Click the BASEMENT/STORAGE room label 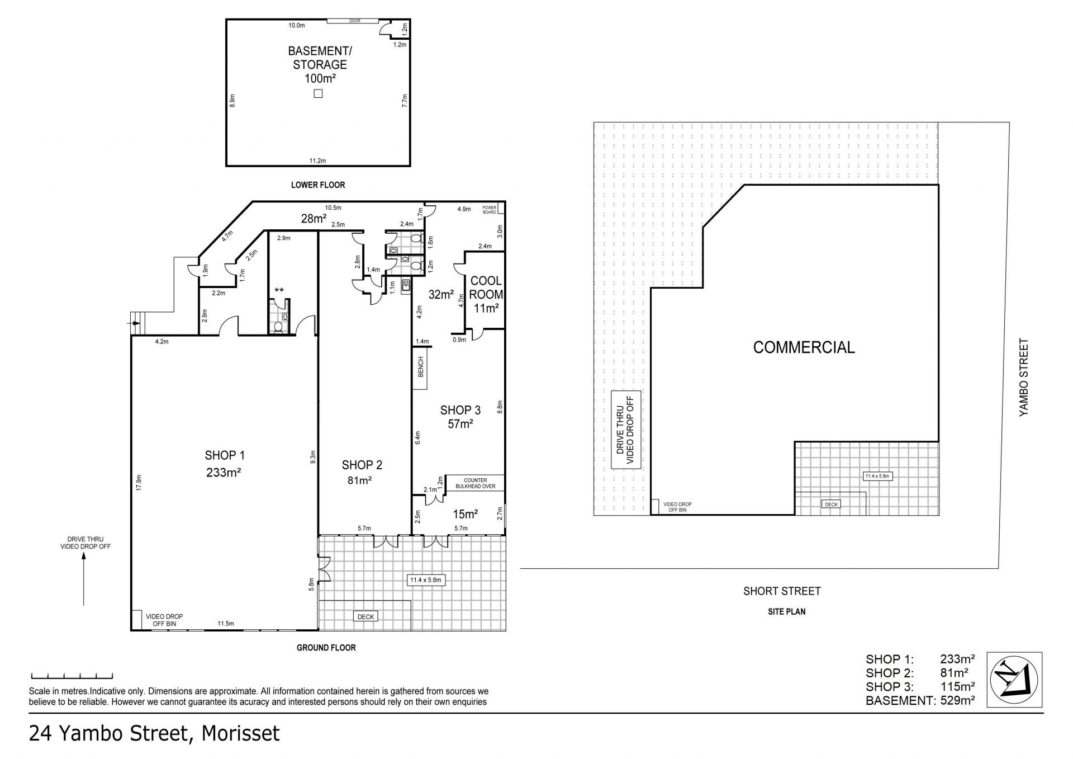[320, 58]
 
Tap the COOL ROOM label [486, 287]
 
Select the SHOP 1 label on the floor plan [225, 455]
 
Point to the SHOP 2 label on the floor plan [362, 465]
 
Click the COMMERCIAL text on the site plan [804, 347]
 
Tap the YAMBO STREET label [1024, 377]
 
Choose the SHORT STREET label [782, 591]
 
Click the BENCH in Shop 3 [420, 369]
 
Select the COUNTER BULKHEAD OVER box [475, 483]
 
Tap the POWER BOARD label [490, 210]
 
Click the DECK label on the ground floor [365, 616]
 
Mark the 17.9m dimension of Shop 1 [139, 483]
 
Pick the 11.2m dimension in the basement [317, 161]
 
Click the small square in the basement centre [318, 93]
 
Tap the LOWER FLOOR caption [318, 185]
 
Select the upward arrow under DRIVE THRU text [84, 579]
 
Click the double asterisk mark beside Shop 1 [279, 290]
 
